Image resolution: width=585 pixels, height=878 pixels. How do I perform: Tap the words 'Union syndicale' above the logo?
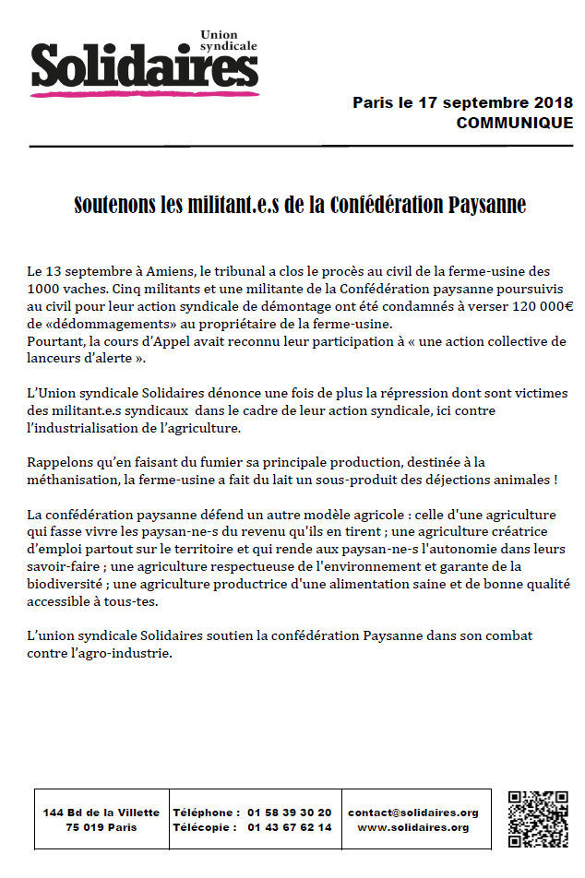pos(229,41)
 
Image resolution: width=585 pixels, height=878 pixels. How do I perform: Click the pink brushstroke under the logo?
pos(143,91)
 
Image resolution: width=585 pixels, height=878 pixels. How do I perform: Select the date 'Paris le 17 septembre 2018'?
pos(462,102)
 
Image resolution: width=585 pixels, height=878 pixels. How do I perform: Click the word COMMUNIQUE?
pos(514,123)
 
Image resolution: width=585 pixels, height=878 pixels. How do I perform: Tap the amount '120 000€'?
pos(543,306)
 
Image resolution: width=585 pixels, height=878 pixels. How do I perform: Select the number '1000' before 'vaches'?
pos(44,289)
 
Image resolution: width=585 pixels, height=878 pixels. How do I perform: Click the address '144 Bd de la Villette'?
pos(101,813)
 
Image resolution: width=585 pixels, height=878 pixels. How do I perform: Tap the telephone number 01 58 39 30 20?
pos(289,813)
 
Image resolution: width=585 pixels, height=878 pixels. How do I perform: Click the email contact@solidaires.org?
pos(412,813)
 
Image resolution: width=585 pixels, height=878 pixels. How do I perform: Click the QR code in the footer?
pos(537,820)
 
